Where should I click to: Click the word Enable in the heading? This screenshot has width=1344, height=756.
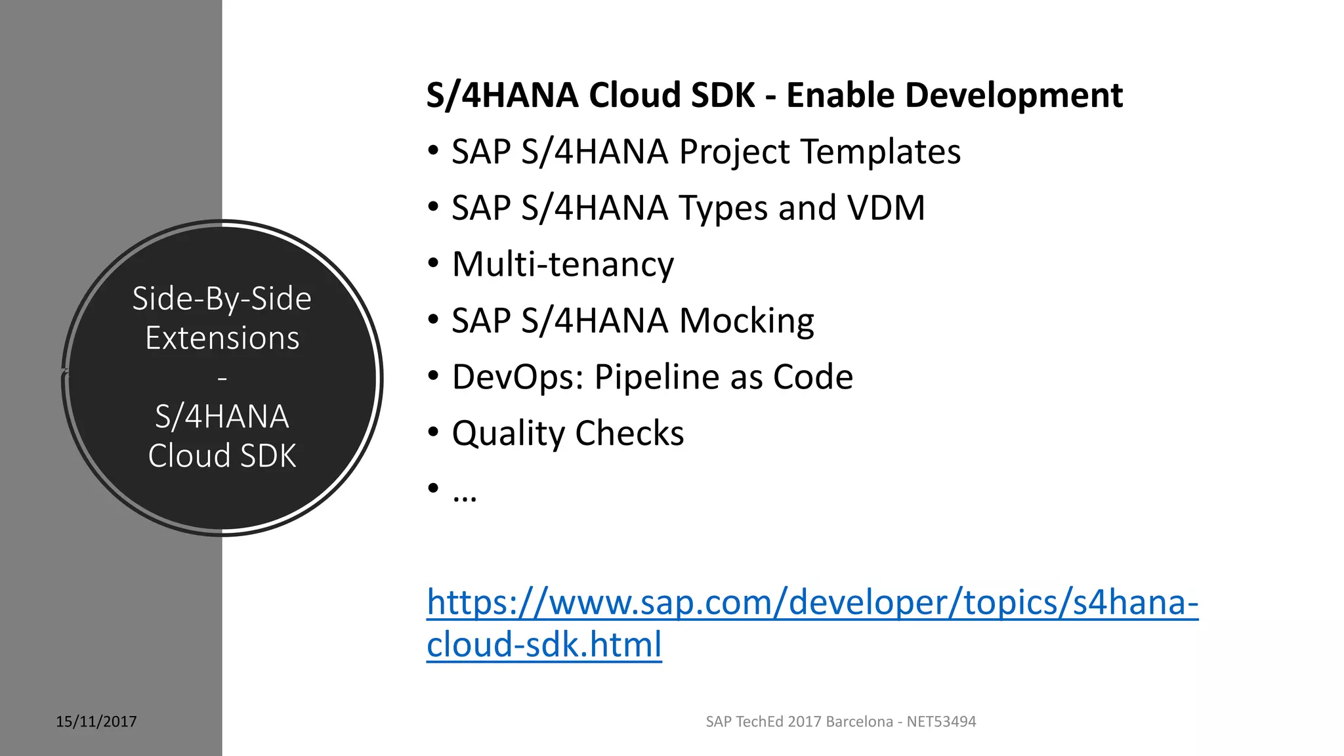840,95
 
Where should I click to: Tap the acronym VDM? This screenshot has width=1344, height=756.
886,208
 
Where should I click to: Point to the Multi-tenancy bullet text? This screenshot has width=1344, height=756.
563,264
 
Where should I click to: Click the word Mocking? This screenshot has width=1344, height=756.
746,321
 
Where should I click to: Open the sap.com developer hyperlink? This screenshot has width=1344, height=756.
812,602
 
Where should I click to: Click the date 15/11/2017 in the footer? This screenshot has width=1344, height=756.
96,722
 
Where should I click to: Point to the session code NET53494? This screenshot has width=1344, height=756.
941,722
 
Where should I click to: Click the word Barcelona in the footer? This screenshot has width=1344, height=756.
859,722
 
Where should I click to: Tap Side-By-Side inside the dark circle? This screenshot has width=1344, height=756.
222,299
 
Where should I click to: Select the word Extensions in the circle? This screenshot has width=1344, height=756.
222,338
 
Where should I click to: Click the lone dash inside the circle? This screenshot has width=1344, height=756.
222,379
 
